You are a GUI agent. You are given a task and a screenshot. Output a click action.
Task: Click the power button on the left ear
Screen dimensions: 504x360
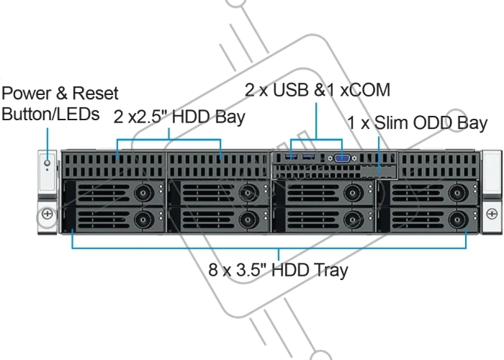(48, 163)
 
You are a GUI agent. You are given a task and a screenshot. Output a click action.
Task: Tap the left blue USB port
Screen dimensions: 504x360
(291, 157)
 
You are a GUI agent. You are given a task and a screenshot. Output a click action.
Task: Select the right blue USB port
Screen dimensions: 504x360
(309, 157)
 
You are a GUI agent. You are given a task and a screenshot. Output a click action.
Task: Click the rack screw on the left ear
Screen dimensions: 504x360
(48, 213)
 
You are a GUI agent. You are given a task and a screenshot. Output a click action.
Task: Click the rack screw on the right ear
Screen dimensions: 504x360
(492, 213)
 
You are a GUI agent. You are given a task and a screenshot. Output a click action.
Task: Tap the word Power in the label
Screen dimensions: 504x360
(27, 93)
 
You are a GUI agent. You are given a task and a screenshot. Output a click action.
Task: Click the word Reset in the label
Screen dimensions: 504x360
(96, 93)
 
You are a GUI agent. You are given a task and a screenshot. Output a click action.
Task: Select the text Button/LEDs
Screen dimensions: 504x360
(50, 114)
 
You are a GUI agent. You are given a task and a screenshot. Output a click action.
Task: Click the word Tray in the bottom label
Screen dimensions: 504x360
(331, 270)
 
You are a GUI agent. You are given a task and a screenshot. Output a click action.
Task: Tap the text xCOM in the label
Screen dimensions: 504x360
(365, 90)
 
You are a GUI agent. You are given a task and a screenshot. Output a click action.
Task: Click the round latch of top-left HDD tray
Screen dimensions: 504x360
(143, 193)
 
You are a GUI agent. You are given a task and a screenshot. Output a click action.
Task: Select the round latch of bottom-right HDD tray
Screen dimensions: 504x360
(457, 220)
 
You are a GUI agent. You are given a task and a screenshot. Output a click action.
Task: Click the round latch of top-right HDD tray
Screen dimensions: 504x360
(457, 193)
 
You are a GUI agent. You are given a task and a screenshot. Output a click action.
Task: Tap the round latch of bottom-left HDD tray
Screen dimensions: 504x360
(143, 220)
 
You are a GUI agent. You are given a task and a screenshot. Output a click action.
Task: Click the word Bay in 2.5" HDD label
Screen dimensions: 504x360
(230, 117)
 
